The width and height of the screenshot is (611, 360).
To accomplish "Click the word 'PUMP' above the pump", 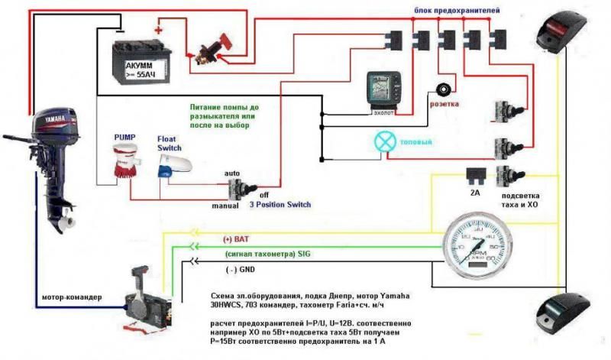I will [x=124, y=136].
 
